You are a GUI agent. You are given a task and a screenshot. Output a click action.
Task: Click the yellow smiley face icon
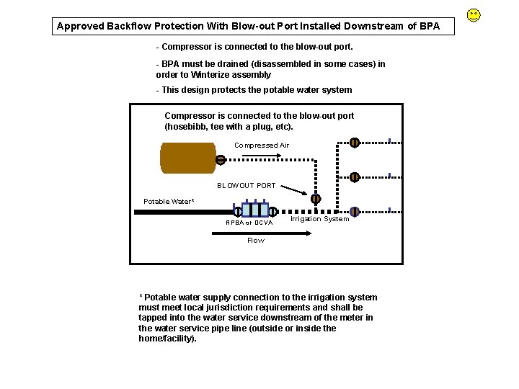pos(474,14)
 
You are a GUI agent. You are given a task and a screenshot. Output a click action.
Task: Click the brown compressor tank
pos(188,158)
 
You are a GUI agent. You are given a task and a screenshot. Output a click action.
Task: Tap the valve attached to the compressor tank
pos(220,160)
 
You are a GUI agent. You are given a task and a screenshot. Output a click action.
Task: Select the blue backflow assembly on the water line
pos(254,210)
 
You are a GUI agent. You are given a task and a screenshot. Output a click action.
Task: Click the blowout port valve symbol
pos(316,199)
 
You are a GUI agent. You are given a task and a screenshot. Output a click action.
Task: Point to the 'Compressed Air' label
pos(262,146)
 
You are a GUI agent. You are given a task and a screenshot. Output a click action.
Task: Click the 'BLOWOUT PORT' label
pos(247,186)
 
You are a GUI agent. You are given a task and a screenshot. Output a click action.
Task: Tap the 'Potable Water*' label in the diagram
pos(169,202)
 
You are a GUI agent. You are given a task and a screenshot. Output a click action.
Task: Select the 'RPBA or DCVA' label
pos(249,223)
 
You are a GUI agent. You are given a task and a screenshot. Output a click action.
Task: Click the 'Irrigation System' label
pos(319,219)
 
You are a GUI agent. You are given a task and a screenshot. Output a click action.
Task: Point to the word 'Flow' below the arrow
pos(256,241)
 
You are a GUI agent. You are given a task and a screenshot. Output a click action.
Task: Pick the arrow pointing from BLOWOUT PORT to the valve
pos(293,191)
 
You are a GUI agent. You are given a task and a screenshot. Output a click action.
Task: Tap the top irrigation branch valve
pos(355,142)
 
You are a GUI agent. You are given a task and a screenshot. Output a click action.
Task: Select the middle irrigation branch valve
pos(355,177)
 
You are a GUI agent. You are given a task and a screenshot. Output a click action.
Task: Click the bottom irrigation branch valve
pos(355,212)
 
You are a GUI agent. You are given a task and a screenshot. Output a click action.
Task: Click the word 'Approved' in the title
pos(80,27)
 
